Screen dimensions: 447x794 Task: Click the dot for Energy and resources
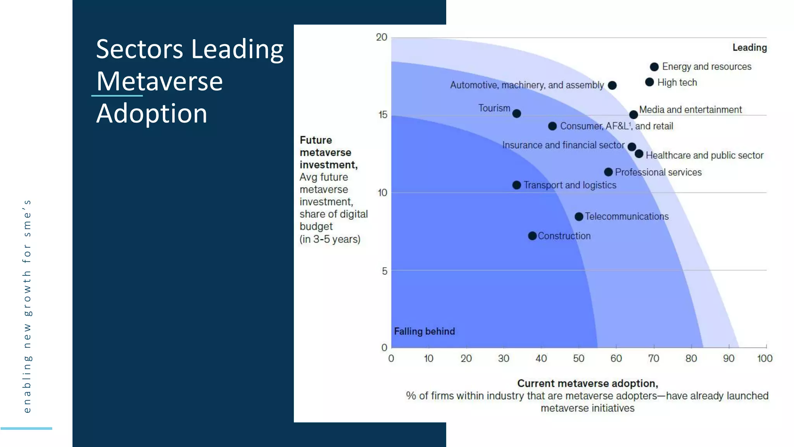point(654,67)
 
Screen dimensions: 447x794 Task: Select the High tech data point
point(649,82)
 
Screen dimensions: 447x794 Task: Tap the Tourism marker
point(516,114)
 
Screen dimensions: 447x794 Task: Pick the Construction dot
point(532,236)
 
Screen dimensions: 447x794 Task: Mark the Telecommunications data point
point(579,217)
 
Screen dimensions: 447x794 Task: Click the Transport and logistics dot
point(516,185)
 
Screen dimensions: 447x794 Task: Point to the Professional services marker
point(608,172)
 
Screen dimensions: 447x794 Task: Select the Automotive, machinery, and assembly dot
point(612,85)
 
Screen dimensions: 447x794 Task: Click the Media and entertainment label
point(690,110)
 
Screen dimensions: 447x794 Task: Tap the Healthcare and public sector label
point(704,156)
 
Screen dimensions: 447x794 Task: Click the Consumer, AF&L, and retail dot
point(552,126)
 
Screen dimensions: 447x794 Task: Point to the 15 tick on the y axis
point(383,115)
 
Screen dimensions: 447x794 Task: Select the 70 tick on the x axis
point(654,359)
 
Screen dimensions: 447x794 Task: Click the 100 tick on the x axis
point(765,359)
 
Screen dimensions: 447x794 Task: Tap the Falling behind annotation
point(424,331)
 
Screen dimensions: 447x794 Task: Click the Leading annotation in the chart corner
point(749,48)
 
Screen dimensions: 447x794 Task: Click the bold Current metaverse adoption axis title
point(587,383)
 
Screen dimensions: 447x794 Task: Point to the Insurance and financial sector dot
point(632,147)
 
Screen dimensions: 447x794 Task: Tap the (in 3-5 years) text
point(330,239)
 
